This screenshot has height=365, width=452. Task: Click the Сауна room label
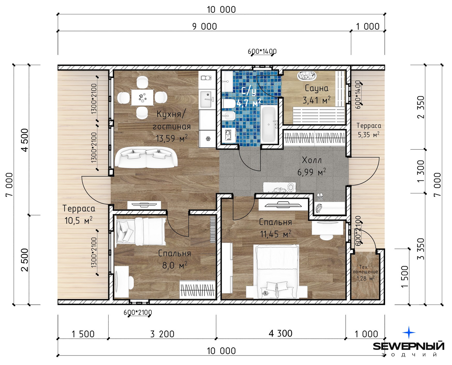pyautogui.click(x=316, y=88)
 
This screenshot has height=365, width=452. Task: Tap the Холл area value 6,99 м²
pyautogui.click(x=312, y=172)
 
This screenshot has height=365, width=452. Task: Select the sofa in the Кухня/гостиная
pyautogui.click(x=146, y=158)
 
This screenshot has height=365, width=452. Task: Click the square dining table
pyautogui.click(x=142, y=97)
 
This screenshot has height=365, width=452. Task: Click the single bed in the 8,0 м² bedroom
pyautogui.click(x=141, y=231)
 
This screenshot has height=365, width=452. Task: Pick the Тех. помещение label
pyautogui.click(x=365, y=269)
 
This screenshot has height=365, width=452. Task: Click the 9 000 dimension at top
pyautogui.click(x=204, y=26)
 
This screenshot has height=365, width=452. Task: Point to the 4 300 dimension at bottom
pyautogui.click(x=280, y=333)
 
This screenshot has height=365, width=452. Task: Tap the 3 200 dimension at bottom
pyautogui.click(x=162, y=334)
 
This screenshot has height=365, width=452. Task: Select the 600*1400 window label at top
pyautogui.click(x=262, y=51)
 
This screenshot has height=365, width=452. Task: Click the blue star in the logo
pyautogui.click(x=409, y=333)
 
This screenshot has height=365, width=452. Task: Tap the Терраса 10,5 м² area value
pyautogui.click(x=78, y=221)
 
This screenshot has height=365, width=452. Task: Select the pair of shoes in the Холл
pyautogui.click(x=320, y=197)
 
